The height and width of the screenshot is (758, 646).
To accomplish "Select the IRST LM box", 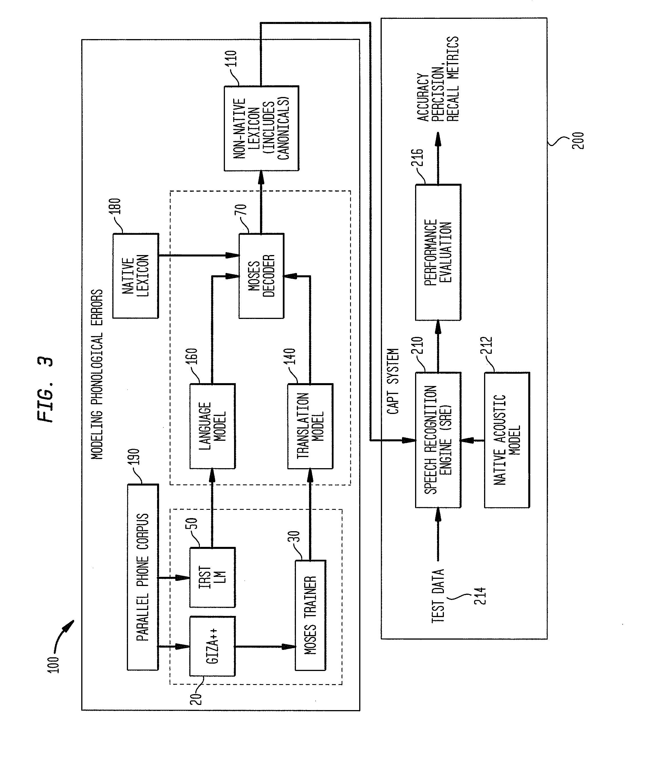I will pyautogui.click(x=212, y=578).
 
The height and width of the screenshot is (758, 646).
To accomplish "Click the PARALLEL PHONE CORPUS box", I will pyautogui.click(x=143, y=577).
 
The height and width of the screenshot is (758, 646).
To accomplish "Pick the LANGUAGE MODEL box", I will pyautogui.click(x=212, y=426).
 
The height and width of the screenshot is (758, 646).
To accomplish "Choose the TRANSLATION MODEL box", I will pyautogui.click(x=310, y=426).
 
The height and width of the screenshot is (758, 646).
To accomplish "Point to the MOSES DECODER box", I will pyautogui.click(x=261, y=276).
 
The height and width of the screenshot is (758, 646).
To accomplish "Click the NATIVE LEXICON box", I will pyautogui.click(x=135, y=276).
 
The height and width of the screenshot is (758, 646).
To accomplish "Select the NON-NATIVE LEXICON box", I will pyautogui.click(x=261, y=128).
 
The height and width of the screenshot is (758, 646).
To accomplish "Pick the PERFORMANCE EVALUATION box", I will pyautogui.click(x=438, y=252).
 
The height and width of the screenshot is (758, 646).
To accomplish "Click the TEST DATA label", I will pyautogui.click(x=438, y=596).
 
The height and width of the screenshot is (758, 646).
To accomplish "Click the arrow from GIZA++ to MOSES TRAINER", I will pyautogui.click(x=265, y=646).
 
